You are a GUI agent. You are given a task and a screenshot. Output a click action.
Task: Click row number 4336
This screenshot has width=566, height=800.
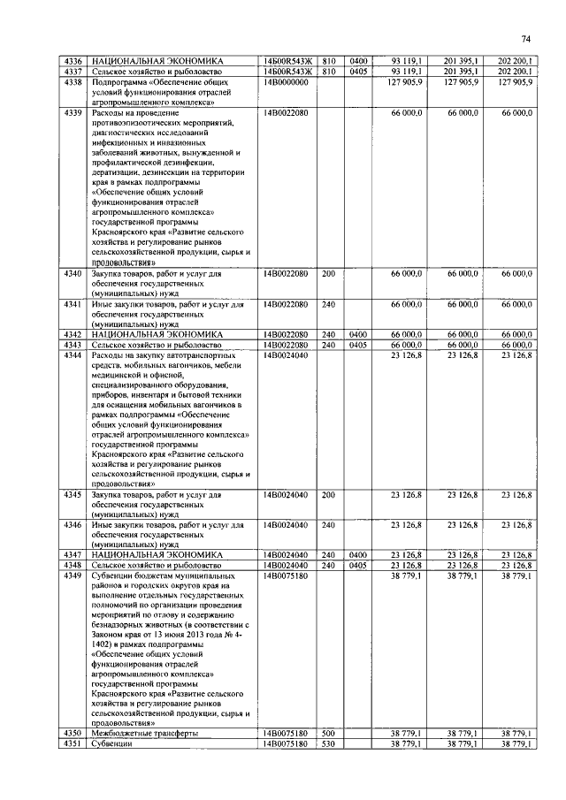point(73,61)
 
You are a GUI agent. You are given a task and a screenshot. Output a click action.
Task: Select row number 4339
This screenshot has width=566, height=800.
point(73,113)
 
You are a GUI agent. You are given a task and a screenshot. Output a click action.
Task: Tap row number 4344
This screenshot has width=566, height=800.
point(73,354)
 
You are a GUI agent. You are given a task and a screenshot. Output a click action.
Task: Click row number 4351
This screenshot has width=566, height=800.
point(73,745)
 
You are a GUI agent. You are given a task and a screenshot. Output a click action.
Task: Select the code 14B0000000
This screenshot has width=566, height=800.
point(285,82)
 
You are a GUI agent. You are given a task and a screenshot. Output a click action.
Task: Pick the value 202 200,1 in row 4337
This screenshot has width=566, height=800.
point(515,72)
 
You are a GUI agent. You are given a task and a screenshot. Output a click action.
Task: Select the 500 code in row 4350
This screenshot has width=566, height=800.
point(329,735)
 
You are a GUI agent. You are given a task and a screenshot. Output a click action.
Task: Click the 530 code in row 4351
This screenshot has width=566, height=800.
point(329,745)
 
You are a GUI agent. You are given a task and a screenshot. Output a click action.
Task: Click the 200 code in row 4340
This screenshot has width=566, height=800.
point(329,274)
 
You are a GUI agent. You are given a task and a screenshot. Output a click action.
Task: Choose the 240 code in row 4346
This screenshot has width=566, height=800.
point(329,525)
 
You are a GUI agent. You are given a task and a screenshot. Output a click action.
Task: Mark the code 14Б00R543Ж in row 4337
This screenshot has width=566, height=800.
point(287,72)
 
